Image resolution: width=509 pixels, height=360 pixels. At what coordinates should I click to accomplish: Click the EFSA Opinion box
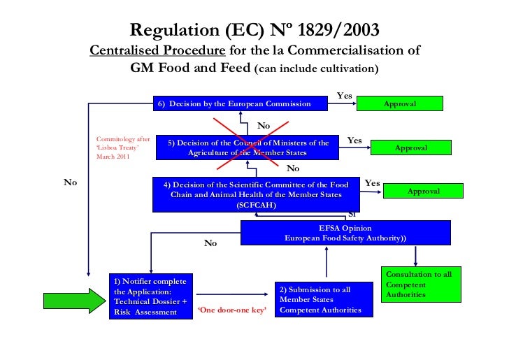click(345, 233)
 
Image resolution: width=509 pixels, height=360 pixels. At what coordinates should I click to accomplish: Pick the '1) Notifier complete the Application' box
click(150, 296)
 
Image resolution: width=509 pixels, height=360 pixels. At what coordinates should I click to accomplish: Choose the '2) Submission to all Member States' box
click(320, 299)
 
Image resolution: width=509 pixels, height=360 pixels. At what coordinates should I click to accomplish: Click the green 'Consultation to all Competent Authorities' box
click(421, 285)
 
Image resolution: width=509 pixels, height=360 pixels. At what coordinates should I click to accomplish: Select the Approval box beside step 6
click(400, 103)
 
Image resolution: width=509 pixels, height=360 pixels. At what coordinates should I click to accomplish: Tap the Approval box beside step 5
click(410, 147)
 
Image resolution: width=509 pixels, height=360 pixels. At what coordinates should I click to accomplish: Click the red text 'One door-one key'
click(233, 310)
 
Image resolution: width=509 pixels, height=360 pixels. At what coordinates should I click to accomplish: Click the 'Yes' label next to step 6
click(345, 94)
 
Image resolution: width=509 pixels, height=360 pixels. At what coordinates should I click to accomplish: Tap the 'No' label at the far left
click(70, 182)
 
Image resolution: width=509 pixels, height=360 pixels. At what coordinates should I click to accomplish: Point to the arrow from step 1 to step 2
click(233, 294)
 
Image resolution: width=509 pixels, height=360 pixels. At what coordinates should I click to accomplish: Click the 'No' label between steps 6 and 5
click(264, 125)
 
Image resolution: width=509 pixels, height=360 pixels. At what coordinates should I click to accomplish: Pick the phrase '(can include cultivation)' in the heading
click(317, 69)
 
